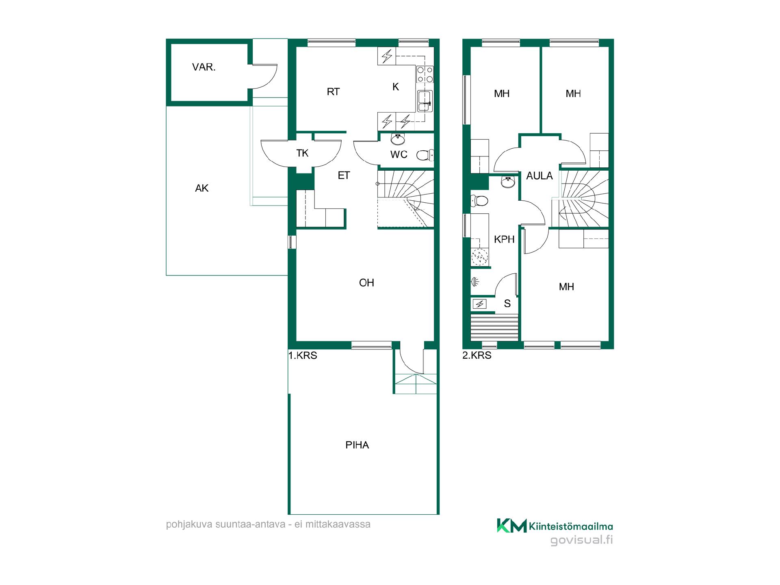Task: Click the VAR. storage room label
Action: point(204,67)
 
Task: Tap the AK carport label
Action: point(201,188)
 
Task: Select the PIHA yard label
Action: point(357,445)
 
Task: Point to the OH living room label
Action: point(366,283)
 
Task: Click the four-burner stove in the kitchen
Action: point(425,75)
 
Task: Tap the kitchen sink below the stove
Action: point(425,101)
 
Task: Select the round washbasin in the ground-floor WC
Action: point(398,139)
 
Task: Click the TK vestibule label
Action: point(302,153)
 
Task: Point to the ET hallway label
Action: point(344,175)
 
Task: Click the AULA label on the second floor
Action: point(539,176)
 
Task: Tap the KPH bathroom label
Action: point(504,240)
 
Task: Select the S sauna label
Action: point(507,303)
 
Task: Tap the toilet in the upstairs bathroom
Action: point(479,201)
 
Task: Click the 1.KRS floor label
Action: point(303,355)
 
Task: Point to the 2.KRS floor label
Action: point(477,355)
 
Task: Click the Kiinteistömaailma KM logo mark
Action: point(512,525)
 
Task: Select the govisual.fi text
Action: point(581,541)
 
